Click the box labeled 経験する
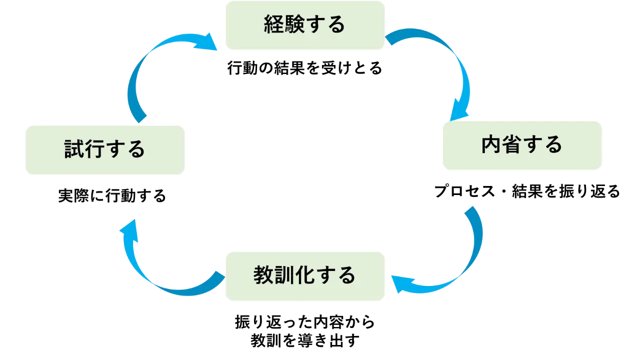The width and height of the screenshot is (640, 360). click(304, 25)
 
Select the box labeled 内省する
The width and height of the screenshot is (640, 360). click(522, 145)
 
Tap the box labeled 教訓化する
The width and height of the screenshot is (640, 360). click(304, 276)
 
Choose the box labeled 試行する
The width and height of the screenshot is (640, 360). click(104, 149)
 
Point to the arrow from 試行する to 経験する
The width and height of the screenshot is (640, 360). click(145, 65)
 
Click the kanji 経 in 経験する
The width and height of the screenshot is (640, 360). click(273, 24)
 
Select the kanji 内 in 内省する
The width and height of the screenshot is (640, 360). click(491, 145)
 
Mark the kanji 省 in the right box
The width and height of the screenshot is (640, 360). click(512, 145)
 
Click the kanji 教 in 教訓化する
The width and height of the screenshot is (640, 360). click(263, 275)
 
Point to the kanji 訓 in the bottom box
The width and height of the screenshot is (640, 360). click(283, 275)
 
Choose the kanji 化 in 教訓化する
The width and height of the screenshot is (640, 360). click(304, 275)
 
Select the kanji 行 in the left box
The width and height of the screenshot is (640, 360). click(94, 149)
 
